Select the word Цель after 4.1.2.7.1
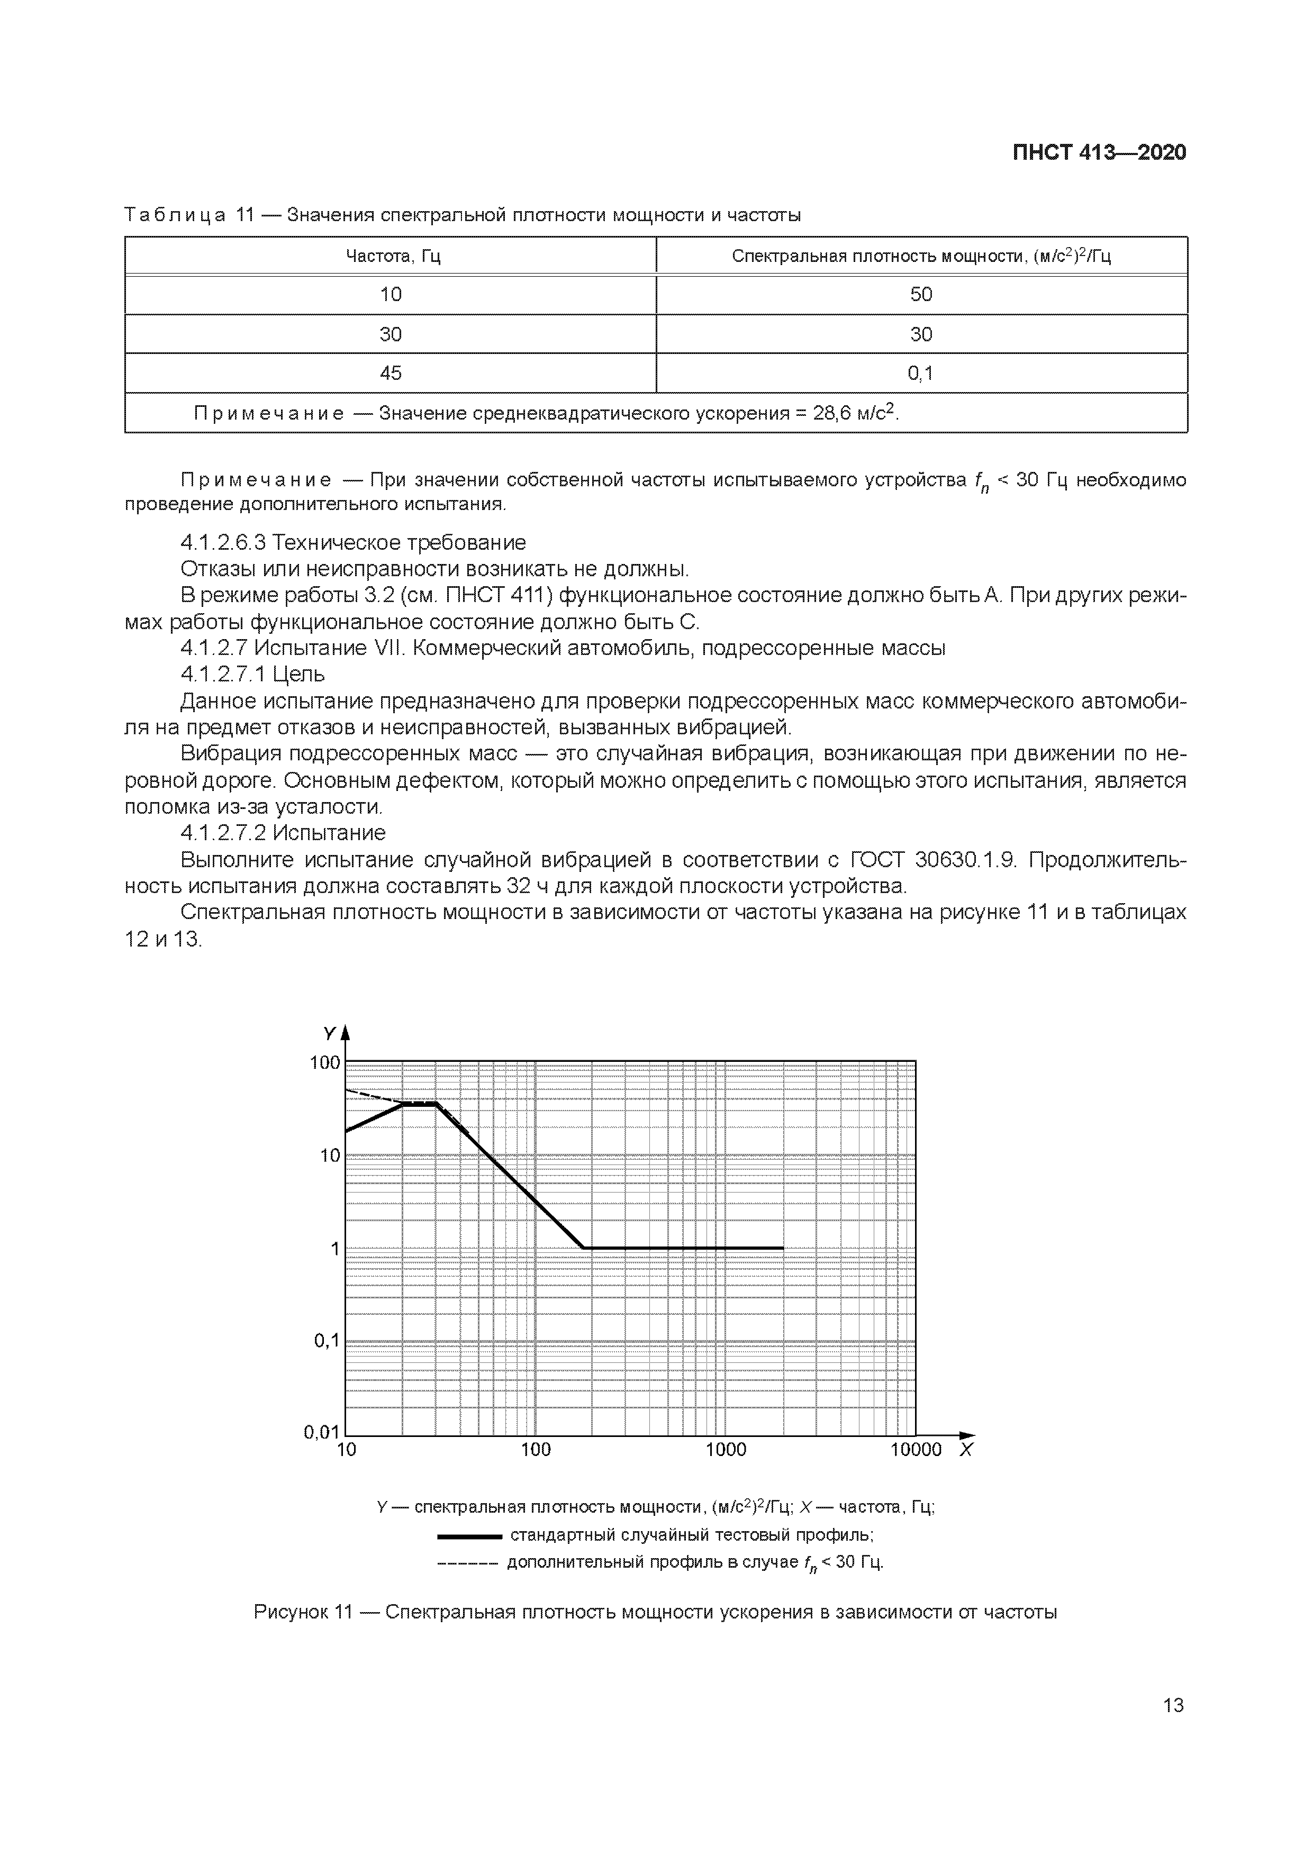(299, 674)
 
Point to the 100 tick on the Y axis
(325, 1062)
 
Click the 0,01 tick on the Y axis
(322, 1432)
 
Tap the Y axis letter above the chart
(329, 1034)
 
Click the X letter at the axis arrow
(965, 1450)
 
